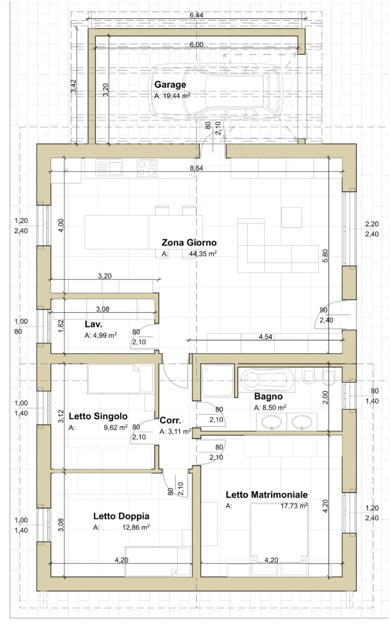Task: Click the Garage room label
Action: pyautogui.click(x=170, y=85)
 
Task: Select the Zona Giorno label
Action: pyautogui.click(x=189, y=242)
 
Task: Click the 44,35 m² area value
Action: pyautogui.click(x=202, y=253)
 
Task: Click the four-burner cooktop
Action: pyautogui.click(x=147, y=168)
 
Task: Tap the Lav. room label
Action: pyautogui.click(x=93, y=324)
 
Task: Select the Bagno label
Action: pyautogui.click(x=268, y=397)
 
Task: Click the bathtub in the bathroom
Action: pyautogui.click(x=266, y=379)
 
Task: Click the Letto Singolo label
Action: pyautogui.click(x=98, y=416)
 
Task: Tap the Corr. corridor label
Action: pyautogui.click(x=170, y=421)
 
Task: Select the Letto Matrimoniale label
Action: pyautogui.click(x=267, y=495)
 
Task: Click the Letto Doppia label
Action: pyautogui.click(x=121, y=516)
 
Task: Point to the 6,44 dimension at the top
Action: pyautogui.click(x=197, y=15)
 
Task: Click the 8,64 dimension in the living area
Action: pyautogui.click(x=196, y=168)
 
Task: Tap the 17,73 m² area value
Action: pyautogui.click(x=294, y=506)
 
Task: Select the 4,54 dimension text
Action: pyautogui.click(x=266, y=337)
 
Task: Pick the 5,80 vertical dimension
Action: pyautogui.click(x=325, y=256)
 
